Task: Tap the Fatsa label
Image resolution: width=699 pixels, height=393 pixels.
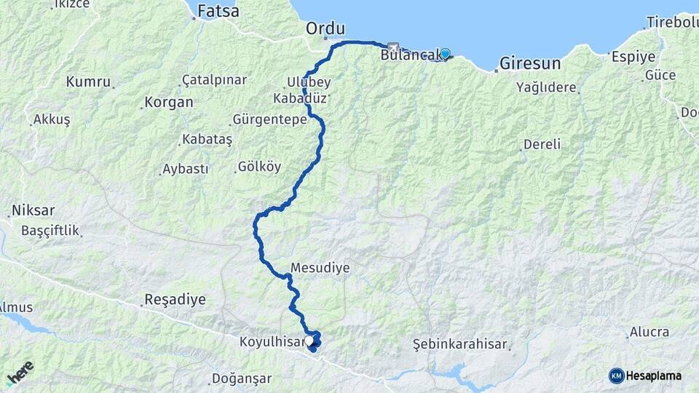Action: pyautogui.click(x=218, y=11)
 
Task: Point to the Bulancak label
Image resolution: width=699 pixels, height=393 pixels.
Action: pyautogui.click(x=410, y=54)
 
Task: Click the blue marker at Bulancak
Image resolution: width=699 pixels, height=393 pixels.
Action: pyautogui.click(x=445, y=53)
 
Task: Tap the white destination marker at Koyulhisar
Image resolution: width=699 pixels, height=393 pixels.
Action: pyautogui.click(x=309, y=340)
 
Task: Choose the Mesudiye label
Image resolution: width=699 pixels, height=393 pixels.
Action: pyautogui.click(x=320, y=268)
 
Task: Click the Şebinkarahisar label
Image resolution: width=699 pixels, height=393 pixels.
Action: pyautogui.click(x=459, y=344)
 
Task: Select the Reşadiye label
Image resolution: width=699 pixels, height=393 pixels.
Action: pyautogui.click(x=175, y=299)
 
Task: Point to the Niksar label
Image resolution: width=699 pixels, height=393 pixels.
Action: pyautogui.click(x=33, y=211)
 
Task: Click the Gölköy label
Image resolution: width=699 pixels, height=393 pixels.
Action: pyautogui.click(x=259, y=167)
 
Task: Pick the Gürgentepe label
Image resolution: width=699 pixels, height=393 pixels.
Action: pyautogui.click(x=269, y=119)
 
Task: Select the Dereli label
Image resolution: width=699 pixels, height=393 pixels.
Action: pyautogui.click(x=542, y=144)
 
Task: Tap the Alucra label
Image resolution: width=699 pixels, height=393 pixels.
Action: pyautogui.click(x=649, y=332)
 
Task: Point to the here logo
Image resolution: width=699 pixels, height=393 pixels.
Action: pyautogui.click(x=20, y=373)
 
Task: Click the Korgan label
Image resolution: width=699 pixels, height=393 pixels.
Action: pyautogui.click(x=169, y=103)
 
